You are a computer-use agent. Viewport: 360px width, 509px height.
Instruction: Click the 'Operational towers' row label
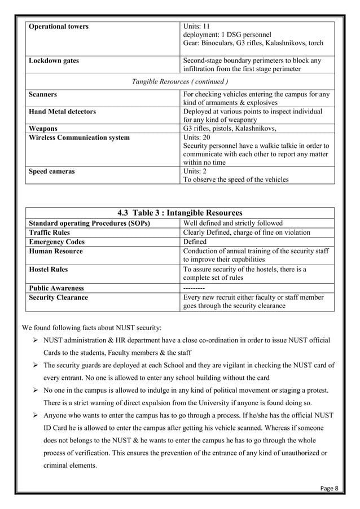(x=59, y=27)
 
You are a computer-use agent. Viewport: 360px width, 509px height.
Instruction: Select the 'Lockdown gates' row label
(x=54, y=60)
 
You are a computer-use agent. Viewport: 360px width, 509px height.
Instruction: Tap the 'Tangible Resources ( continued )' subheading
(x=179, y=82)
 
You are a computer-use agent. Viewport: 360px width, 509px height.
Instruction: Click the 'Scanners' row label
(x=43, y=94)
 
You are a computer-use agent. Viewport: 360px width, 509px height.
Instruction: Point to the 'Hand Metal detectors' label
(x=62, y=112)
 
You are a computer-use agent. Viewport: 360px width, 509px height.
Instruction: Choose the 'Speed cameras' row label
(x=52, y=172)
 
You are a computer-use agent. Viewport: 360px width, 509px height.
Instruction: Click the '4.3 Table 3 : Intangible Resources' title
(x=179, y=213)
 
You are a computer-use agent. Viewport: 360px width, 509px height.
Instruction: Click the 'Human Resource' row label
(x=55, y=251)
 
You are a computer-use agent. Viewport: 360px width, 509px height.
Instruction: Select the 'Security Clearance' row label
(x=58, y=297)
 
